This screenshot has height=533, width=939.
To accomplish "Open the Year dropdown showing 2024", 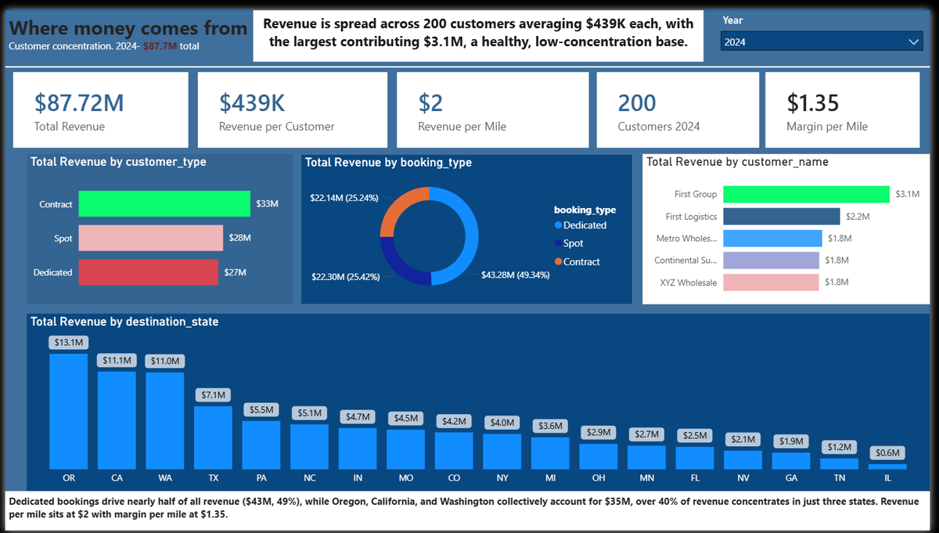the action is click(x=822, y=41).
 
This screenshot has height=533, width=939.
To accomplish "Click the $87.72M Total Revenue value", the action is click(x=79, y=103).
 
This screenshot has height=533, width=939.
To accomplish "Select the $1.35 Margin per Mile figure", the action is click(x=812, y=103).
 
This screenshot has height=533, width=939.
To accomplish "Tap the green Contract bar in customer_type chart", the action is click(x=164, y=203).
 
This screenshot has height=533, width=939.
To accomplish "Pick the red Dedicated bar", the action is click(x=149, y=272).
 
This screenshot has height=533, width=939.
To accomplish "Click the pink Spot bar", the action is click(x=151, y=238).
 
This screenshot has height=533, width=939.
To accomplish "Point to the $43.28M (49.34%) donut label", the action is click(x=515, y=275).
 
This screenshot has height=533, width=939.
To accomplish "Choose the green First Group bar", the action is click(x=806, y=194).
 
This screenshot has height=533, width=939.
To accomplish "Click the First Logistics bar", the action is click(x=782, y=216).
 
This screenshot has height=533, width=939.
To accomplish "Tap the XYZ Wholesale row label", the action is click(x=689, y=283).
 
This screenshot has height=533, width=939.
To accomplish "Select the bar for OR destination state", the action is click(x=69, y=412).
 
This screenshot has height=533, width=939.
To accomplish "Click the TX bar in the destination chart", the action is click(x=213, y=438).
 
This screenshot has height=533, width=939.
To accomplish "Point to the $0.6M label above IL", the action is click(x=887, y=453).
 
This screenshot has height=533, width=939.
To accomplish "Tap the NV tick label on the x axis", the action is click(x=743, y=478).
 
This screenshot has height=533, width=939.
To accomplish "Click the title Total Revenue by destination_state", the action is click(x=124, y=322).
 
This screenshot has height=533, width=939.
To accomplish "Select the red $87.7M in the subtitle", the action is click(x=160, y=46).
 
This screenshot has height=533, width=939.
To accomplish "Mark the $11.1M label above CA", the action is click(x=117, y=360).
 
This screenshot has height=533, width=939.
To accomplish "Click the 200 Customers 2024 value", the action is click(x=637, y=103).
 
